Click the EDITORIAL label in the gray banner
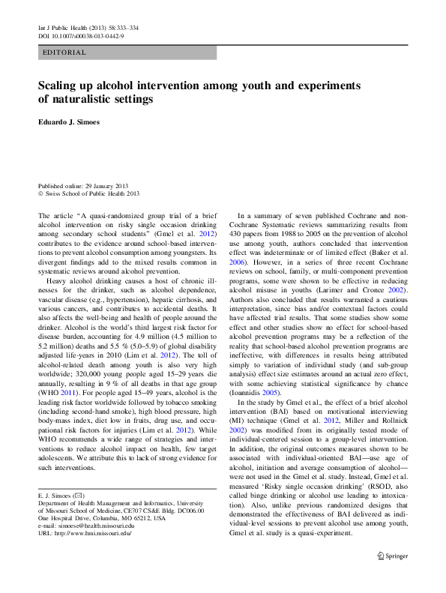point(65,52)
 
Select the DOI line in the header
point(81,35)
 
